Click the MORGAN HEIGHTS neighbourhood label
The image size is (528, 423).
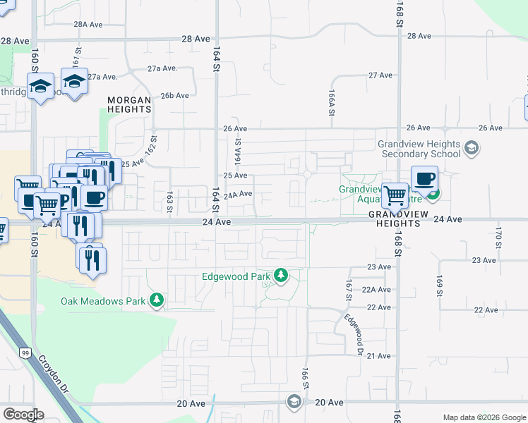point(129,105)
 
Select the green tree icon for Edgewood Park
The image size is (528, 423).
point(282,275)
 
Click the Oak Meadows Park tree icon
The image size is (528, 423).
point(156,301)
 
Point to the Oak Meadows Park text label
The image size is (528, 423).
point(103,302)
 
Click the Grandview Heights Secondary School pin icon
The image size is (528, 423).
point(472,148)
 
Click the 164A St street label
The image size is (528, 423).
point(238,150)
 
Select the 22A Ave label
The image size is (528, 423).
point(376,290)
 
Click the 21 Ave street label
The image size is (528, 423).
point(379,356)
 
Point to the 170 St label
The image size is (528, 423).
point(498,233)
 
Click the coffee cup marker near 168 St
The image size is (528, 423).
point(424,180)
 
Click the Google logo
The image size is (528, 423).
point(23,415)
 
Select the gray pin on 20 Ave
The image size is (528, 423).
point(294,401)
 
